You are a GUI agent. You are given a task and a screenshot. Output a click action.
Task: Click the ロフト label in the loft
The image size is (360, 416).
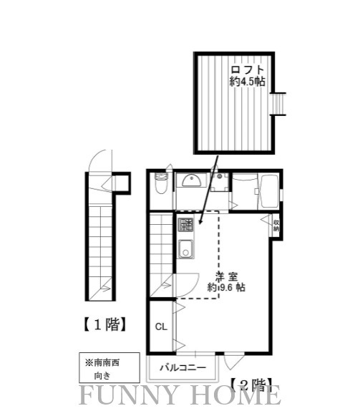coord(247,70)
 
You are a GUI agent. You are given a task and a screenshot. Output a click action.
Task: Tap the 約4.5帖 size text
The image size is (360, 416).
coord(247,82)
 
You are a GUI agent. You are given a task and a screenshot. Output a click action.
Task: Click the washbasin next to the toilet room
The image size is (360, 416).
coord(190,181)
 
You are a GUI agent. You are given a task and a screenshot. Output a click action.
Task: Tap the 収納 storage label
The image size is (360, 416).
coord(276,226)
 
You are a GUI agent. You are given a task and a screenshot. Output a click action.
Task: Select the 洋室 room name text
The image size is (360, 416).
coord(227,276)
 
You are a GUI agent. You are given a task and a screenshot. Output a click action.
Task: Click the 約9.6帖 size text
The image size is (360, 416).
coord(227,288)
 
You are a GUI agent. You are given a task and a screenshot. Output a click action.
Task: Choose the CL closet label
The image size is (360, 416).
coord(161,326)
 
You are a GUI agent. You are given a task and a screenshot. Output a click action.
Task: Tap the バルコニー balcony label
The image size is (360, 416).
coord(183,368)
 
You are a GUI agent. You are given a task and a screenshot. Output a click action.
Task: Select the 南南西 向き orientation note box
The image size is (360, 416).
coord(102,368)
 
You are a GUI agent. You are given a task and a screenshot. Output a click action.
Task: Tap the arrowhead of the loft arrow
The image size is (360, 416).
coord(201,225)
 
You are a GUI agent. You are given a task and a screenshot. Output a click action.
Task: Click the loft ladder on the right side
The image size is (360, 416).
coord(281,105)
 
